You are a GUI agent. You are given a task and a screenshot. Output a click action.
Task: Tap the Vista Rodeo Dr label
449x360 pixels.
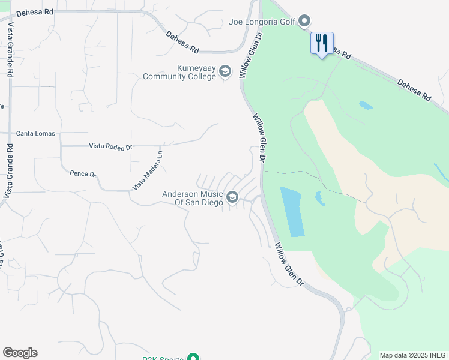(110, 146)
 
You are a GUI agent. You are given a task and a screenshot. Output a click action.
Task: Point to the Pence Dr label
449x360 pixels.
(83, 173)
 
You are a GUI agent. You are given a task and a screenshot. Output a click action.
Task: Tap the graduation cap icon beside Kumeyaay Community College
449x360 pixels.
(225, 73)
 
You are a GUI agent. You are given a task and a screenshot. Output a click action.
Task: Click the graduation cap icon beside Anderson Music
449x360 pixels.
(232, 197)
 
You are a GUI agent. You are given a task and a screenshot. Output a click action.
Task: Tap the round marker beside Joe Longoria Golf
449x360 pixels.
(304, 22)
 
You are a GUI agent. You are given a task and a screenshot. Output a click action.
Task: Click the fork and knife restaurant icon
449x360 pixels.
(322, 43)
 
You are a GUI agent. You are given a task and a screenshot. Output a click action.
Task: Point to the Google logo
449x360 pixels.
(20, 353)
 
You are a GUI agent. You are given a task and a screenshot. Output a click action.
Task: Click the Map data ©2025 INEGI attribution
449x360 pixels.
(413, 355)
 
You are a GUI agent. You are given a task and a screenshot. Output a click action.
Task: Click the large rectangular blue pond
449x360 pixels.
(293, 211)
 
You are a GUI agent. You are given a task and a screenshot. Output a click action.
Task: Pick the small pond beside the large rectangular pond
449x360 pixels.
(319, 198)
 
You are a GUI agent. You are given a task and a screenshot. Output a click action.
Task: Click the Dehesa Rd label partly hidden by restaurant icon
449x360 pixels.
(340, 53)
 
